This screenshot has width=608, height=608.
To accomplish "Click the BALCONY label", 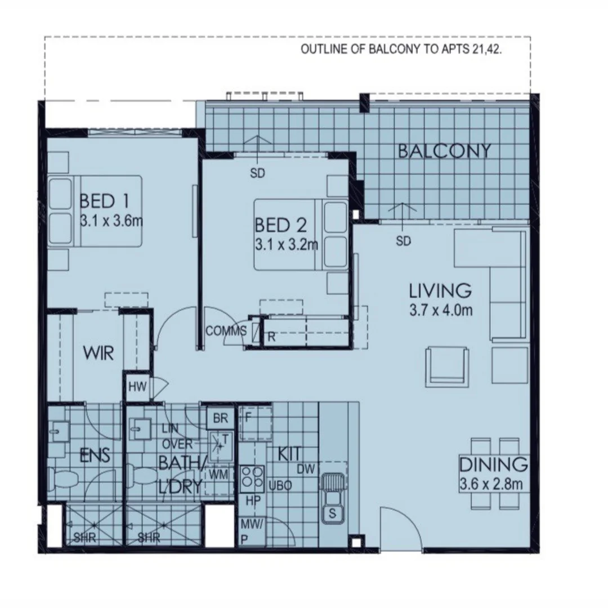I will tap(444, 151).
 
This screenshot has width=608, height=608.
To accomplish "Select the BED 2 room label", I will tap(281, 225).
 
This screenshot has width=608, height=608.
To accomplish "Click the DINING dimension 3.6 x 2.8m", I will tap(493, 484).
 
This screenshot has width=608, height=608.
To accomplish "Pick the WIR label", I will tap(99, 354).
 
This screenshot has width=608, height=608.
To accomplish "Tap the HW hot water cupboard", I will tap(137, 387).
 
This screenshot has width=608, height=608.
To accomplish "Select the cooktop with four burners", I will tap(252, 477).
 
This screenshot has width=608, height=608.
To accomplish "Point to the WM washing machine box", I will tap(218, 475).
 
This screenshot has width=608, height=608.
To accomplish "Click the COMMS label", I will tap(226, 331).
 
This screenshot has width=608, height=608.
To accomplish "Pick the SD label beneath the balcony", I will tap(404, 241).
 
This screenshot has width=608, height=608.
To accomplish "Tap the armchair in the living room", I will tap(447, 366).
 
